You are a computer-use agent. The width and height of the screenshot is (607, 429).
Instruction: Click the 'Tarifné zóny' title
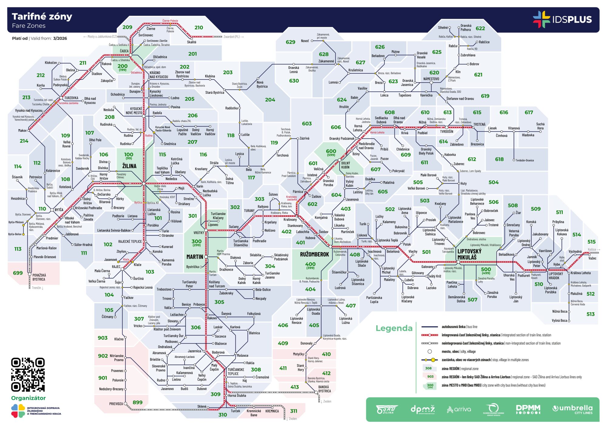[x=42, y=16]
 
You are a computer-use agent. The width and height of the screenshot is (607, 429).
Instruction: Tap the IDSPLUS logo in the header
[x=562, y=19]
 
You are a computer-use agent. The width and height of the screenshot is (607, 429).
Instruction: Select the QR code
[x=28, y=374]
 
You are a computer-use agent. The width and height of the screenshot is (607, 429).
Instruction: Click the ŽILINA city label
[x=129, y=166]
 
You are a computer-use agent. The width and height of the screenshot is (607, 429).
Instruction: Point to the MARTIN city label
[x=195, y=257]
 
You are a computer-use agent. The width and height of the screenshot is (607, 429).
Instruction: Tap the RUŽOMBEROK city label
[x=314, y=254]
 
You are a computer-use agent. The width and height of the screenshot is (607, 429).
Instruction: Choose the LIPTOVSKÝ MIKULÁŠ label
[x=469, y=254]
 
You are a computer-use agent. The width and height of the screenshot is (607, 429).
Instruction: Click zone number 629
[x=290, y=42]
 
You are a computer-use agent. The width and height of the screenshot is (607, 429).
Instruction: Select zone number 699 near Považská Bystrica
[x=18, y=273]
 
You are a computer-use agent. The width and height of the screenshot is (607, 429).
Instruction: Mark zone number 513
[x=590, y=314]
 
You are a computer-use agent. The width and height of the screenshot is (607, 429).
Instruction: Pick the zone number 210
[x=199, y=28]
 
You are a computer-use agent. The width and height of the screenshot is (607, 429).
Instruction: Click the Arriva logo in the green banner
[x=459, y=409]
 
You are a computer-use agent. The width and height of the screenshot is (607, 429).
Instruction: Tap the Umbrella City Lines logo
[x=572, y=409]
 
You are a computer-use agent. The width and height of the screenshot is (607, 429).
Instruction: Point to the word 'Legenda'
[x=394, y=328]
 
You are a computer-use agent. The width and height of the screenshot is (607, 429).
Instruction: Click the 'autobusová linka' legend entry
[x=453, y=327]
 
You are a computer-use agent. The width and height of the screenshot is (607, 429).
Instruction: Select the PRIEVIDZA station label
[x=116, y=404]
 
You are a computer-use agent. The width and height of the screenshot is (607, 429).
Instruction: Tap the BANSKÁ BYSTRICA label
[x=324, y=389]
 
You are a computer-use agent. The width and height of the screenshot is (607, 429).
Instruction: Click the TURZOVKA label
[x=71, y=98]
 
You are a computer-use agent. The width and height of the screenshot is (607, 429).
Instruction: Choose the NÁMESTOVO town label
[x=431, y=79]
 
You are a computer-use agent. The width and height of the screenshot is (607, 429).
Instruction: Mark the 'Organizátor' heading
[x=29, y=398]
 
